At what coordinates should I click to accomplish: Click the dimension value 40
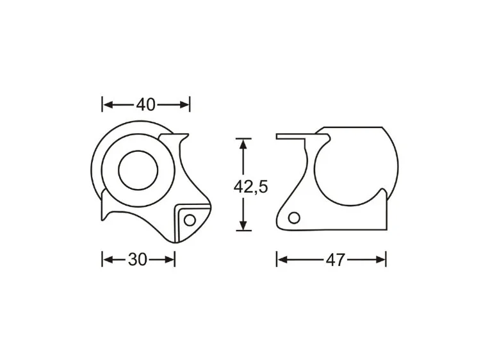coord(145,104)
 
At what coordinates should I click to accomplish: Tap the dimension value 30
coord(138,259)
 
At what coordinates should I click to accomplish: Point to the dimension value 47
coord(335,259)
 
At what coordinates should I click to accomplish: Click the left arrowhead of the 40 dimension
coord(107,104)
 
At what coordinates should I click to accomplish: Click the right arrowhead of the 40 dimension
coord(185,104)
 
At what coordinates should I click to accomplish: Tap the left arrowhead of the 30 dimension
coord(107,259)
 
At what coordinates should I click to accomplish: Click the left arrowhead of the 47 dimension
coord(281,259)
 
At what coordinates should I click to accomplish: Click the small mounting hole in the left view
coord(190,219)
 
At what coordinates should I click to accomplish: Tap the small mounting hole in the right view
coord(293,218)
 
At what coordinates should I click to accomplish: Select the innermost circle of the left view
coord(138,170)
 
